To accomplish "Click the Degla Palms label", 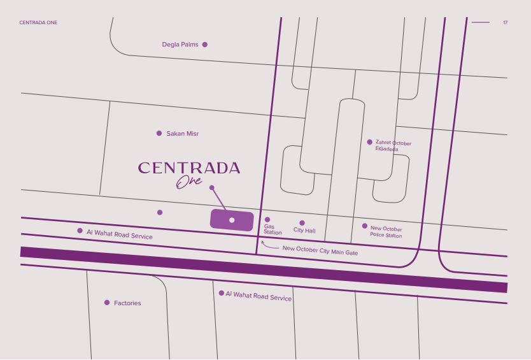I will tap(180, 45).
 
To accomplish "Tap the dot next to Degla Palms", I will tap(204, 45).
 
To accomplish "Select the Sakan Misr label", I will tap(182, 134).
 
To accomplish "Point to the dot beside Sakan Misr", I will tap(159, 133).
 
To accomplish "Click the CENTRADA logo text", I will tap(189, 168).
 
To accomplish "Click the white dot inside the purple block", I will tap(232, 220).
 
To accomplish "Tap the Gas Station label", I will tap(273, 229).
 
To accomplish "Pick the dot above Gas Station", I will tap(267, 220).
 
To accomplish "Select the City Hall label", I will tap(304, 231).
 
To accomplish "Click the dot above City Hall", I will tap(302, 223).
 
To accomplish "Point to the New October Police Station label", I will tap(386, 232).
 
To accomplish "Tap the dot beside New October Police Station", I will tap(365, 226).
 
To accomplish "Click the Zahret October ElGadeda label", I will tap(392, 146).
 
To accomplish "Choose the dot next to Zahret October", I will tap(370, 142).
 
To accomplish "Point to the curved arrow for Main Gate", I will tap(269, 245).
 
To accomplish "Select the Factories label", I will tap(127, 303).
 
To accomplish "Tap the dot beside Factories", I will tap(107, 303).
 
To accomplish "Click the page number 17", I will tap(505, 23).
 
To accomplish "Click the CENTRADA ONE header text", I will tap(39, 23).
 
